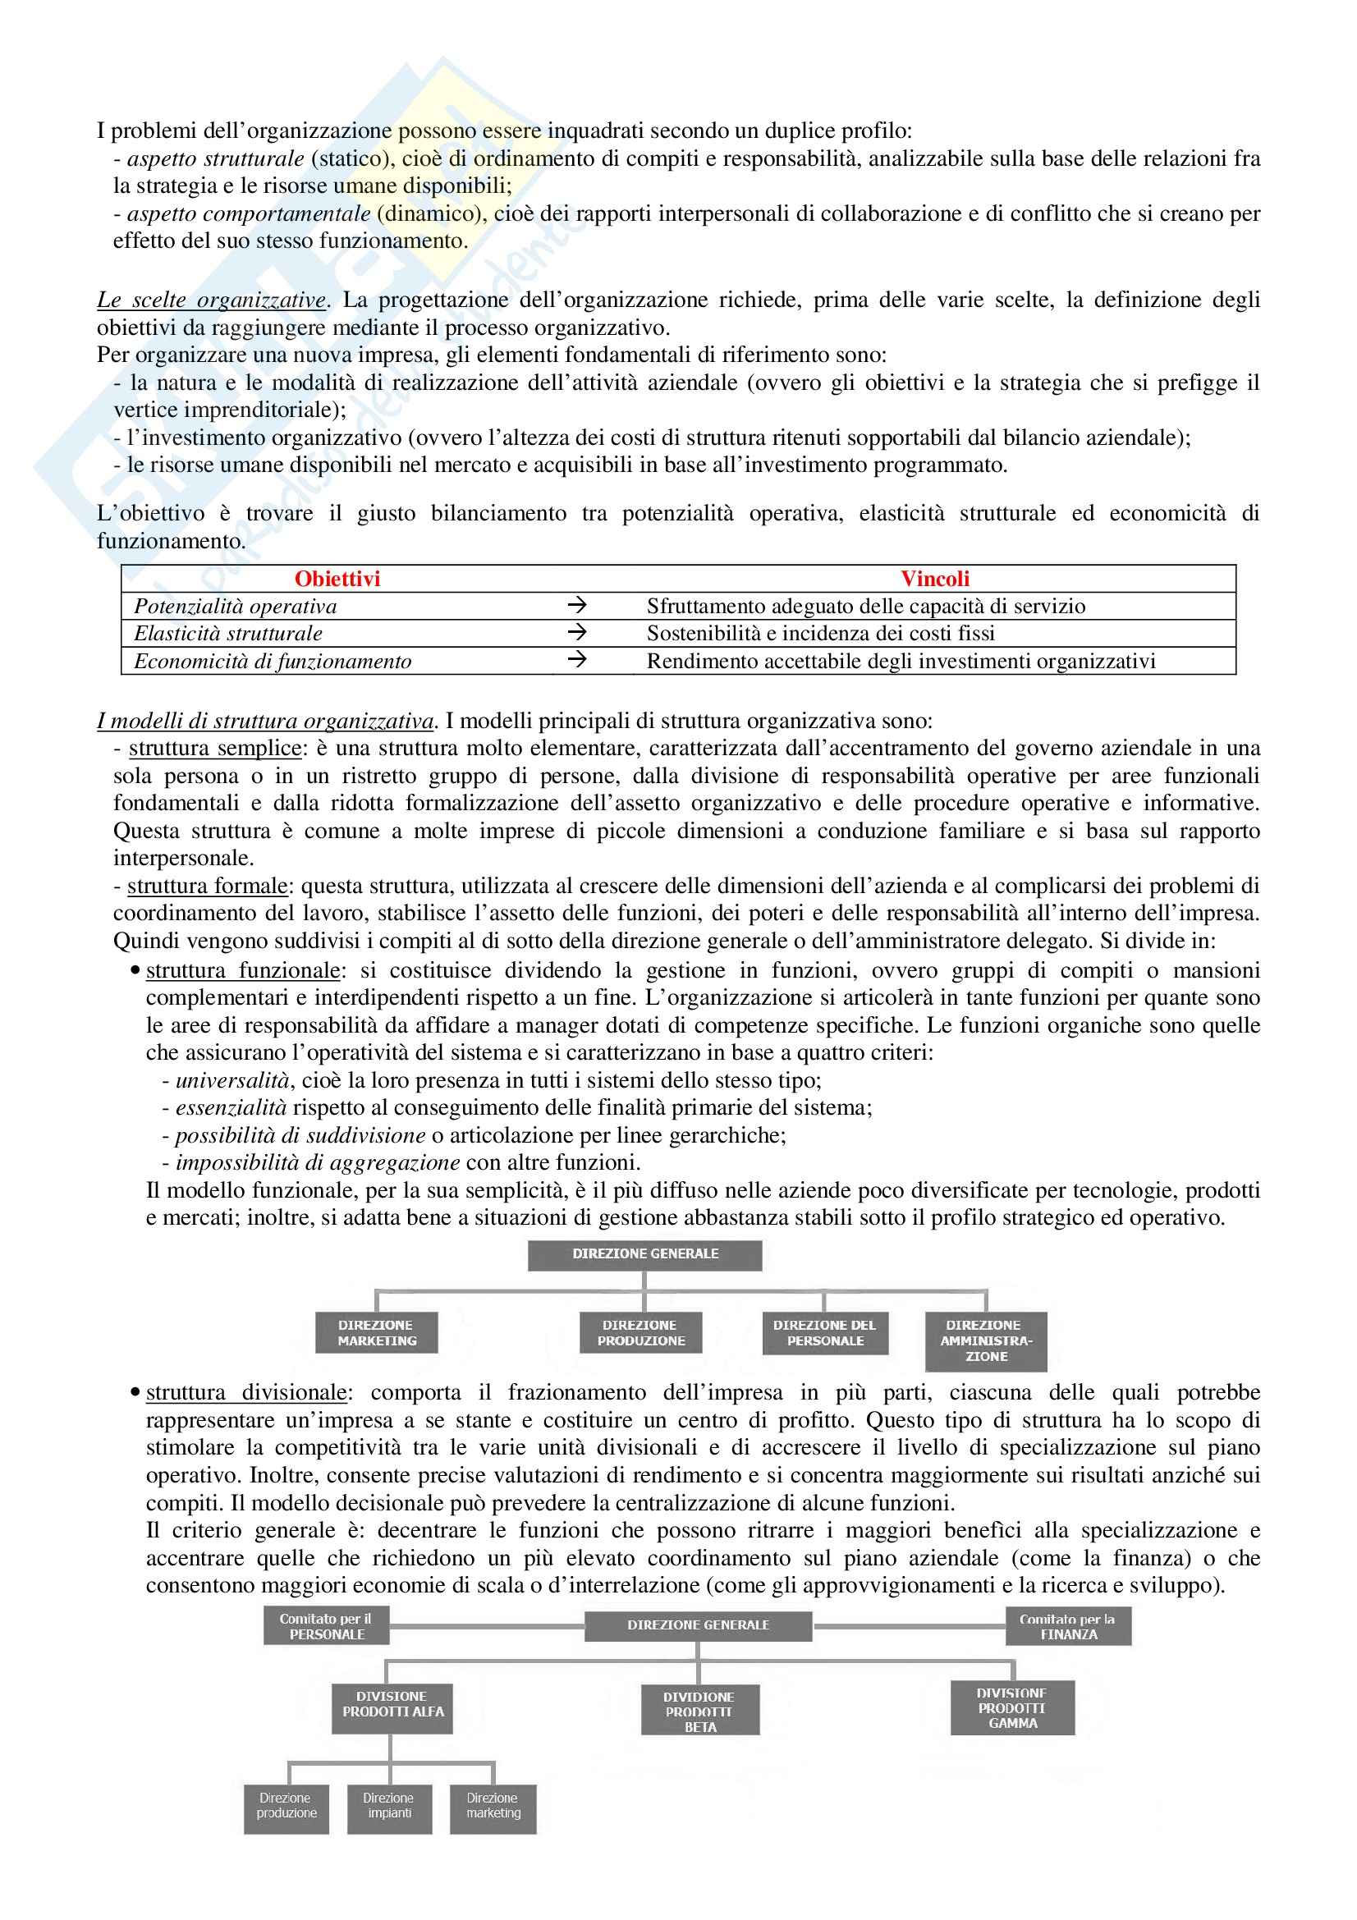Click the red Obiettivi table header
click(x=337, y=579)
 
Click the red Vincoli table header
click(x=934, y=579)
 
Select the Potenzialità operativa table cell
click(x=235, y=607)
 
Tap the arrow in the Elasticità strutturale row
click(x=577, y=632)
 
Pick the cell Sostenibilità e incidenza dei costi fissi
click(x=820, y=633)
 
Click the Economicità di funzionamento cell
click(x=273, y=662)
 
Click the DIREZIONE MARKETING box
click(x=376, y=1332)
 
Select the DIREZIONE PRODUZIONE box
click(x=640, y=1332)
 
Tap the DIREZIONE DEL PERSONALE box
click(x=824, y=1332)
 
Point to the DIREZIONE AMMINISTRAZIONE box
click(x=986, y=1340)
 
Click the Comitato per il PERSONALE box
click(x=326, y=1625)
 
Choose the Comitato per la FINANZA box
click(x=1068, y=1625)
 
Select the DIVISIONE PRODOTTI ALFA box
click(x=392, y=1704)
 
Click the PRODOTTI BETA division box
click(x=699, y=1711)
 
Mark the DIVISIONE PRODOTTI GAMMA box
click(x=1011, y=1707)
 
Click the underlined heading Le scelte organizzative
click(x=212, y=300)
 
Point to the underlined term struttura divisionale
click(x=245, y=1392)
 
